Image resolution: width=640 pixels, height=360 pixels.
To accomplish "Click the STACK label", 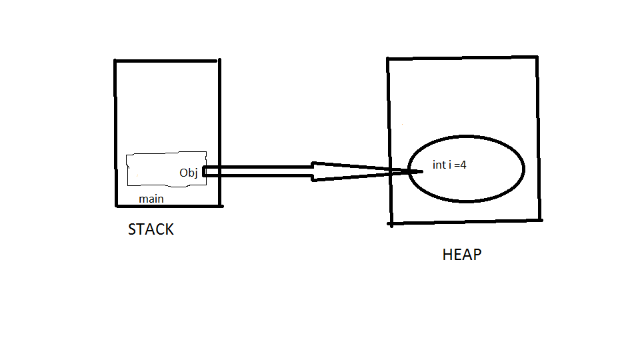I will pos(151,230).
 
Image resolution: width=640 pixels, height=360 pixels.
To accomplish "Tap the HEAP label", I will pos(461,255).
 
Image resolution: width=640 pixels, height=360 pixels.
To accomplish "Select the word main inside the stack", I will pos(151,199).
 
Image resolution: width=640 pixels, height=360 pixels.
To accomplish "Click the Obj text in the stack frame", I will pos(189,173).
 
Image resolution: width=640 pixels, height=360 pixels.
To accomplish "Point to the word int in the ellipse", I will pos(439,165).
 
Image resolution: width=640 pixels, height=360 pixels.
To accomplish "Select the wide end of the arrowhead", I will pos(313,171).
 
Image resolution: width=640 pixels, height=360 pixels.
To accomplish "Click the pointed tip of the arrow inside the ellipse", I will pos(421,171).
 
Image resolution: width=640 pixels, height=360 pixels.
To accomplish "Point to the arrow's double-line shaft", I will pos(260,171).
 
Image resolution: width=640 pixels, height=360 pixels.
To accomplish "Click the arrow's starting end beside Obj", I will pos(204,172).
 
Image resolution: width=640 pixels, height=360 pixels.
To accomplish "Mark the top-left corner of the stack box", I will pos(115,61).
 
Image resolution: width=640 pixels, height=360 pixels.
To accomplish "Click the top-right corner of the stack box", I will pos(219,60).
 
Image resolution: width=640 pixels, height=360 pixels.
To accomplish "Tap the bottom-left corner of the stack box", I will pos(115,207).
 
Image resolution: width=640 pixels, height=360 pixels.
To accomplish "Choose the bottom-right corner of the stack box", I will pos(219,207).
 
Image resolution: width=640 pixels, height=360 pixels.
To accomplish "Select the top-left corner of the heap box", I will pos(388,59).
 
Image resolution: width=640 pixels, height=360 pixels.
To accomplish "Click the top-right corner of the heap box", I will pos(537,57).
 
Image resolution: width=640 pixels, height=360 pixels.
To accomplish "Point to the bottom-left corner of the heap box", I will pos(391,224).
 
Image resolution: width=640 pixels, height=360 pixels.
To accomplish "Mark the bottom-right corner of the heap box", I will pos(540,219).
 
